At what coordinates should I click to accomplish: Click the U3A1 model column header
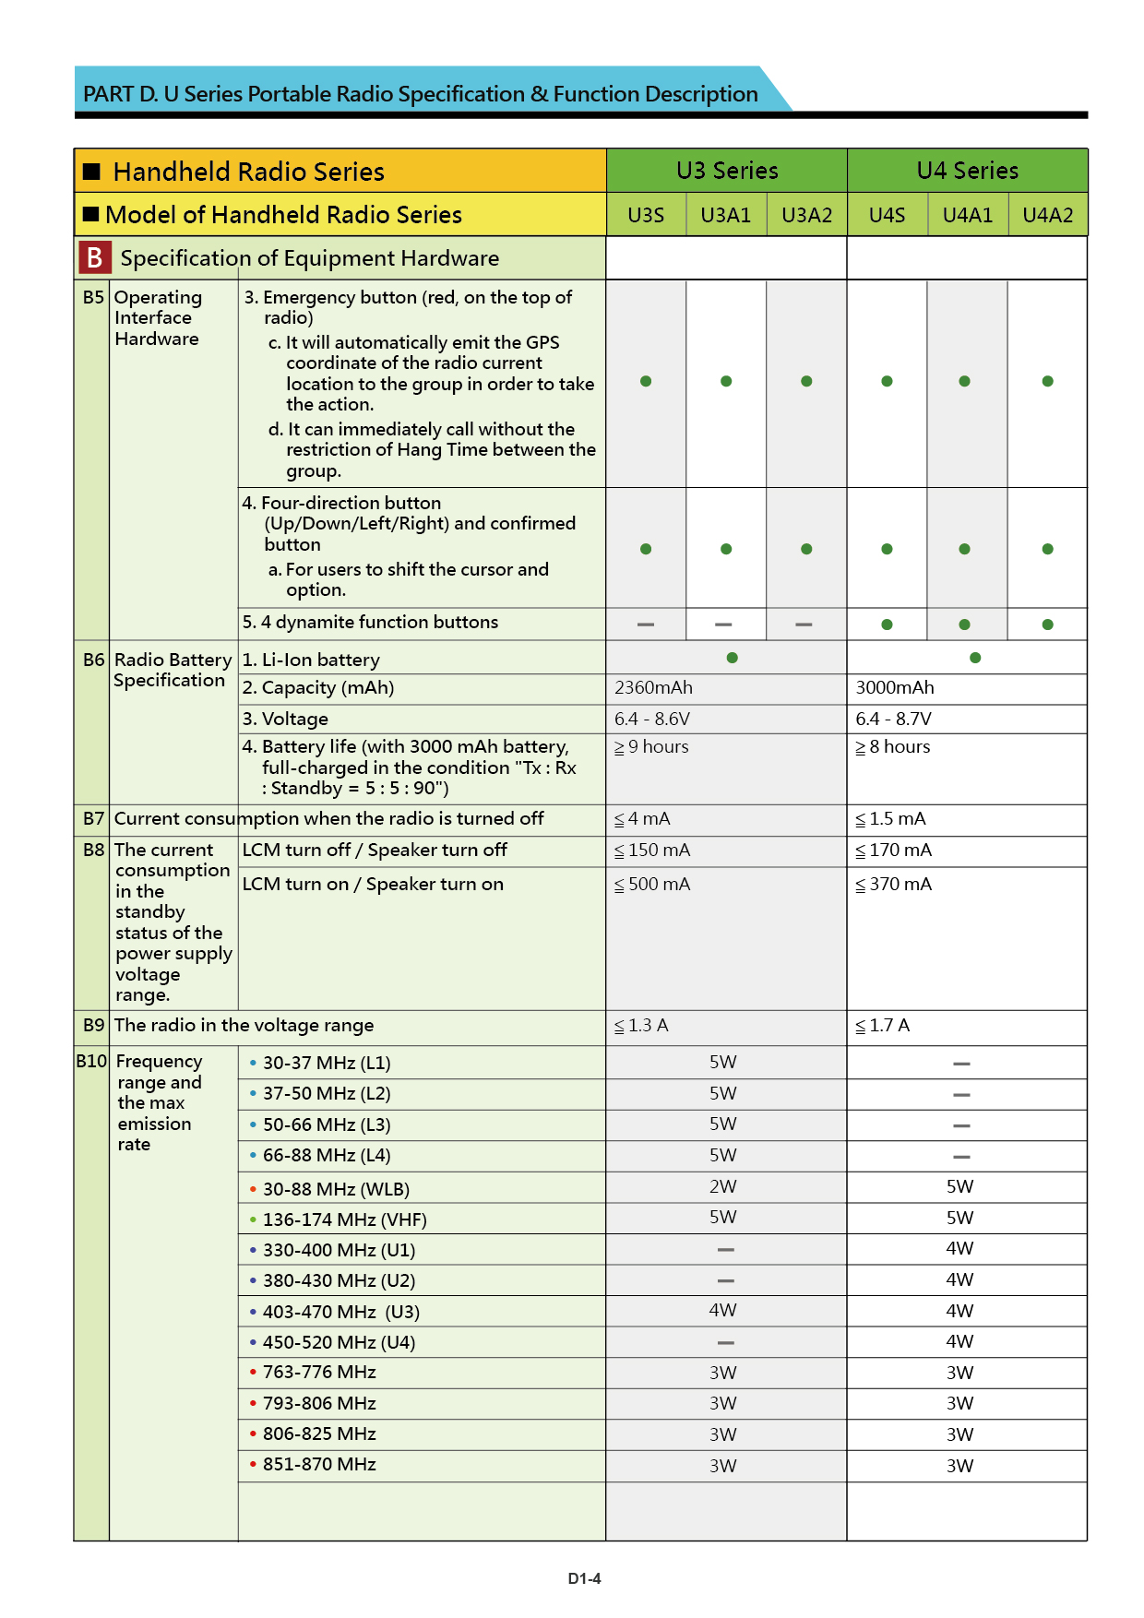[726, 215]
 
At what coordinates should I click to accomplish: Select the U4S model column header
[887, 215]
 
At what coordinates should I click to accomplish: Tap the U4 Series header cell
[967, 171]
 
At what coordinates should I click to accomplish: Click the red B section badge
[94, 258]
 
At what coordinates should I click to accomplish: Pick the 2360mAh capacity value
[653, 688]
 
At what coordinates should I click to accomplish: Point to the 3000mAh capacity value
[895, 688]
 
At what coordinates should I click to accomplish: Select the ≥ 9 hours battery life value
[652, 747]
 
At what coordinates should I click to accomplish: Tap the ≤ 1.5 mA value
[890, 819]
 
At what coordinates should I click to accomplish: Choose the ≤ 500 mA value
[652, 885]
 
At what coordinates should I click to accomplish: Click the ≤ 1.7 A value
[882, 1026]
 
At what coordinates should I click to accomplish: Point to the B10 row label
[91, 1062]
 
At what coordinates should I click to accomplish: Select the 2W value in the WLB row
[723, 1187]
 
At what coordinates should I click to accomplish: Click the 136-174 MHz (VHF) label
[344, 1219]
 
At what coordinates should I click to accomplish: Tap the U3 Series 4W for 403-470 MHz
[723, 1311]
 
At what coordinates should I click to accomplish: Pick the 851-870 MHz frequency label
[319, 1465]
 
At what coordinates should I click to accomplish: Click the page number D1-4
[584, 1578]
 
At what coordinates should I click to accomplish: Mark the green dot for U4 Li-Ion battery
[975, 658]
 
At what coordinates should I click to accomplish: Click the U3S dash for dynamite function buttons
[646, 625]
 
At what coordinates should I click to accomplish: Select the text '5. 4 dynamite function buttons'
[370, 623]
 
